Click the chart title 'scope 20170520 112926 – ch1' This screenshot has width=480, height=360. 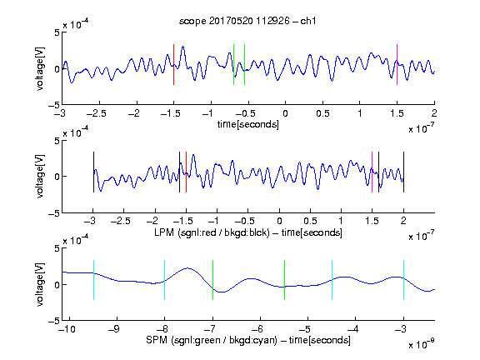click(x=247, y=21)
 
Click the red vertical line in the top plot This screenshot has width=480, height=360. click(x=173, y=64)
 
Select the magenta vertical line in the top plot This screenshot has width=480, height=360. click(x=397, y=64)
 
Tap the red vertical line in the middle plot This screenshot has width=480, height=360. click(x=186, y=172)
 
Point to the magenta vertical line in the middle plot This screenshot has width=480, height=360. click(x=372, y=172)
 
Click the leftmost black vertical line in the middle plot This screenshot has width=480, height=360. click(x=93, y=172)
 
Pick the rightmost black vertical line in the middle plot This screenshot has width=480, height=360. click(x=403, y=172)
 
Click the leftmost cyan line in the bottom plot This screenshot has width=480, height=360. click(x=93, y=280)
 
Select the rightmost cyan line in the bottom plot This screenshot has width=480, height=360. click(x=403, y=280)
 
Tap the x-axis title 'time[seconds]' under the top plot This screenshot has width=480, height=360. click(x=248, y=124)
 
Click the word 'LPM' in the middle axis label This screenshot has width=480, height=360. click(x=164, y=232)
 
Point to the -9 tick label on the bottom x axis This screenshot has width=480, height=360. click(x=114, y=329)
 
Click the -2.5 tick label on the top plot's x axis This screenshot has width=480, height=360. click(x=97, y=113)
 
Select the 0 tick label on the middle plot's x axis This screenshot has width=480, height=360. click(x=279, y=221)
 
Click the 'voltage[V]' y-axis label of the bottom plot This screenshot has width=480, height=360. click(x=40, y=284)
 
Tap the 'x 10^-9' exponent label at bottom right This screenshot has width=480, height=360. click(x=422, y=343)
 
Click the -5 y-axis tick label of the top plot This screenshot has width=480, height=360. click(x=54, y=105)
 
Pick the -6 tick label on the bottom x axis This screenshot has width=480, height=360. click(x=257, y=329)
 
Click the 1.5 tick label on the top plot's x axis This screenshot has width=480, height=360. click(x=397, y=113)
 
